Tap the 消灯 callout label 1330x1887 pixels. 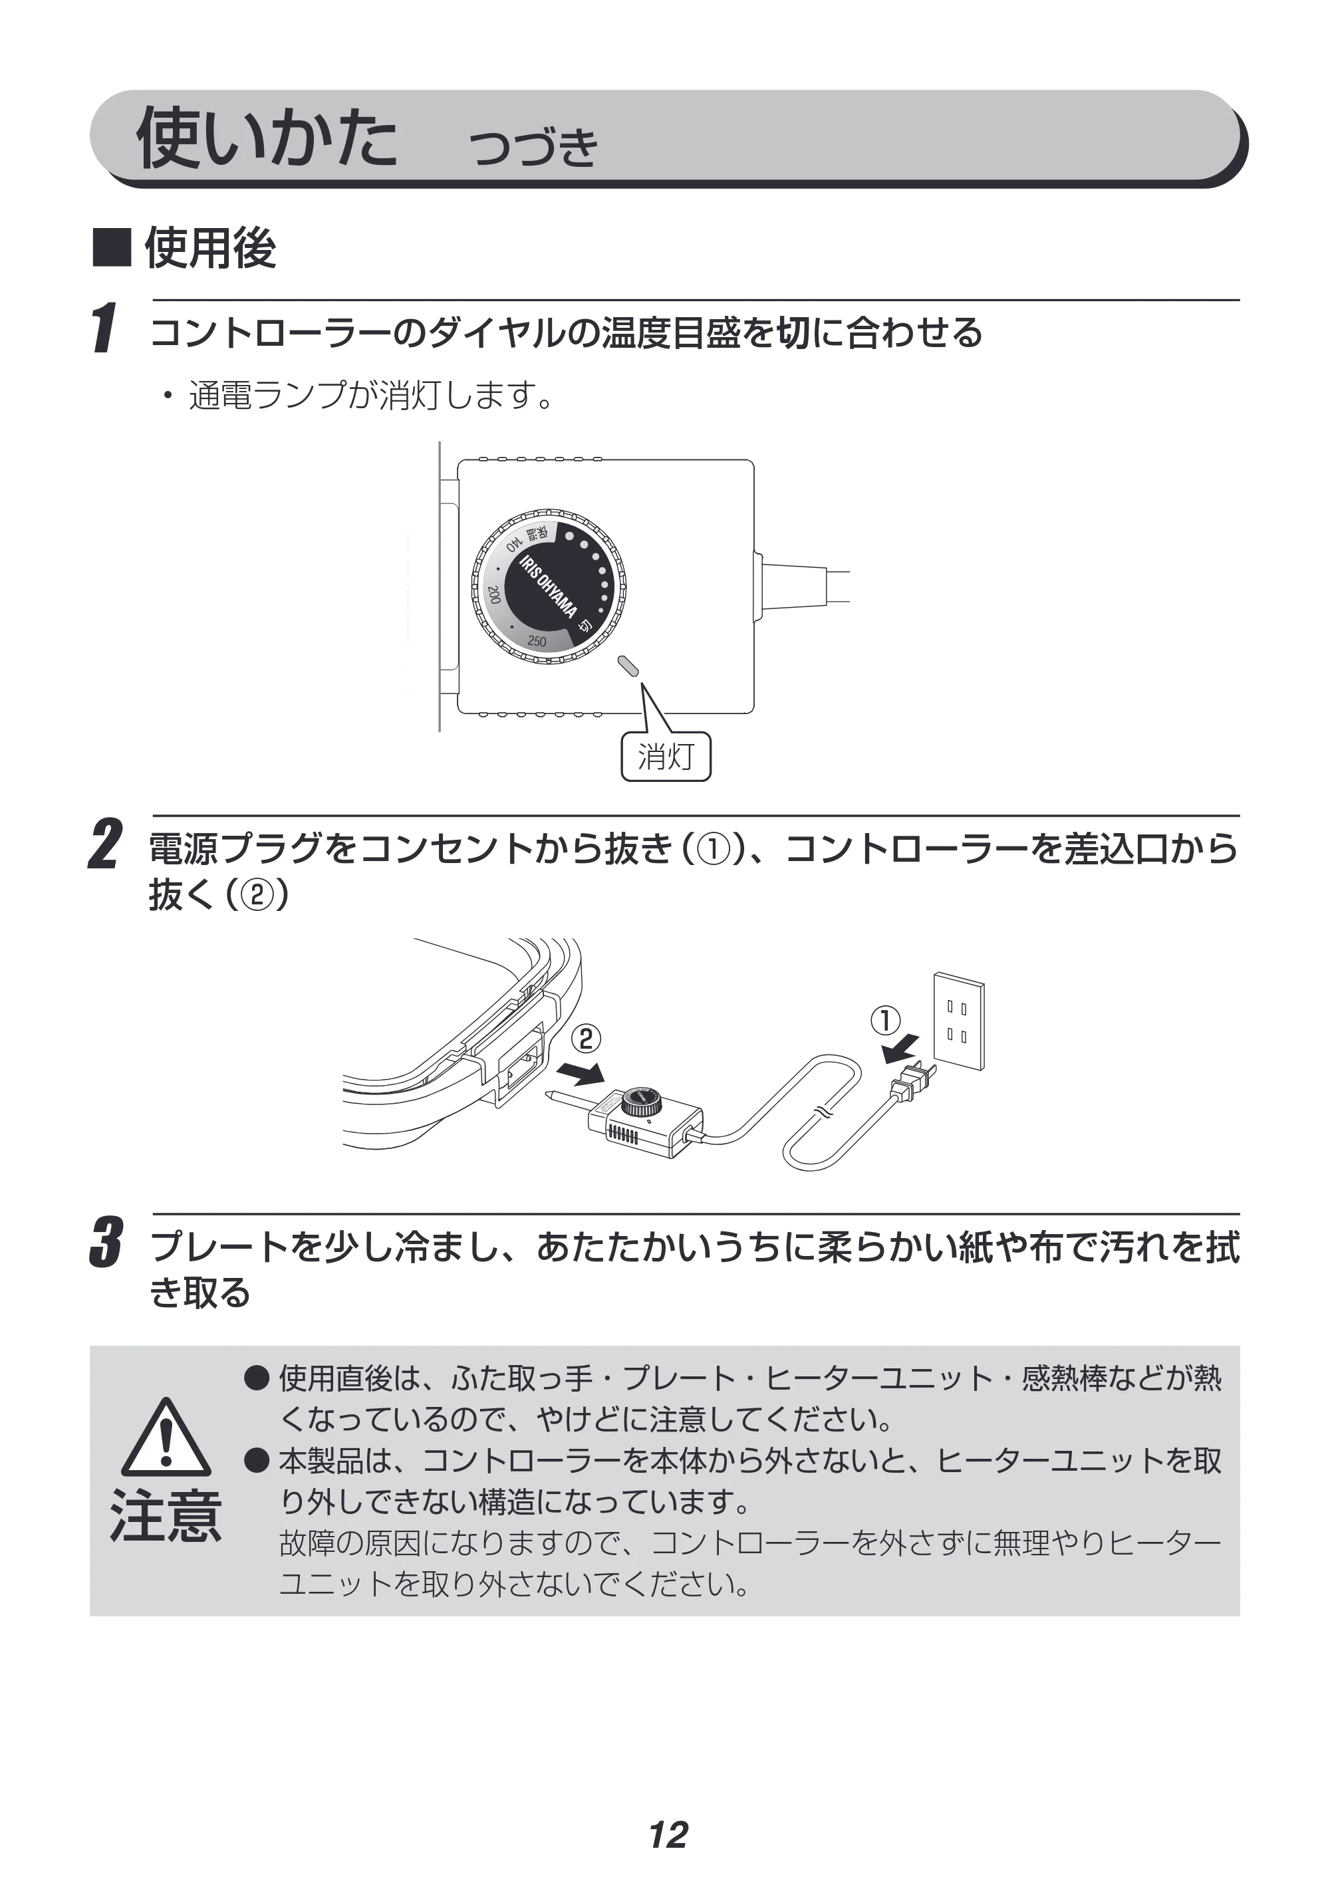[666, 756]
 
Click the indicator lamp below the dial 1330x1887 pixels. [629, 666]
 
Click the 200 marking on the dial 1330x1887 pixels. [494, 595]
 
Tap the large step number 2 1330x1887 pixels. [105, 844]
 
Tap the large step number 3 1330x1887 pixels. [106, 1243]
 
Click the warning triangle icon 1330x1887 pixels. [166, 1438]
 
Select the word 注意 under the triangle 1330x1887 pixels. [166, 1517]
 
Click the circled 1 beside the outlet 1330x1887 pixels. [885, 1021]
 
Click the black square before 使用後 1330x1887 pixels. [112, 247]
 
